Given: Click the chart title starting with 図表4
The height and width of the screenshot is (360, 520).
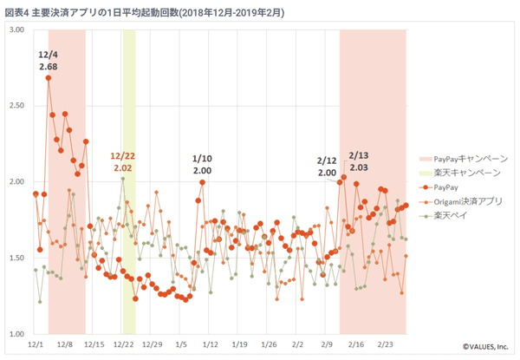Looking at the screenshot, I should [143, 11].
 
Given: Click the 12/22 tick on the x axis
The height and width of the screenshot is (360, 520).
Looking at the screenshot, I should [122, 344].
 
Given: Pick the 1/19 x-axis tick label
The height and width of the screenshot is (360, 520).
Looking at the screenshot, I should [240, 344].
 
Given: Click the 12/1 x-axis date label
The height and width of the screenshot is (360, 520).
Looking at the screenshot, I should [36, 344].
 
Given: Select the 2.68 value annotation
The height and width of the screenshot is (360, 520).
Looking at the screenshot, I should [49, 67].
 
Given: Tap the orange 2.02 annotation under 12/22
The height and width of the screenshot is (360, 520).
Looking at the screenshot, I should [122, 167].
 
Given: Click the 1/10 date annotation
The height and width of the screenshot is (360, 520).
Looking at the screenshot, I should [202, 159].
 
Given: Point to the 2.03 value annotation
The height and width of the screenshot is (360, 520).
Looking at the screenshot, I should [358, 167].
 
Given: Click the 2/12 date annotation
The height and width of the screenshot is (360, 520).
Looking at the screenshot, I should [327, 160].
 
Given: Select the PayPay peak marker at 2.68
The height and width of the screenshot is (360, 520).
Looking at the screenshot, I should [49, 78].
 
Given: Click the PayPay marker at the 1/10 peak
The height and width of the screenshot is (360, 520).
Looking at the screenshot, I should [203, 182].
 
